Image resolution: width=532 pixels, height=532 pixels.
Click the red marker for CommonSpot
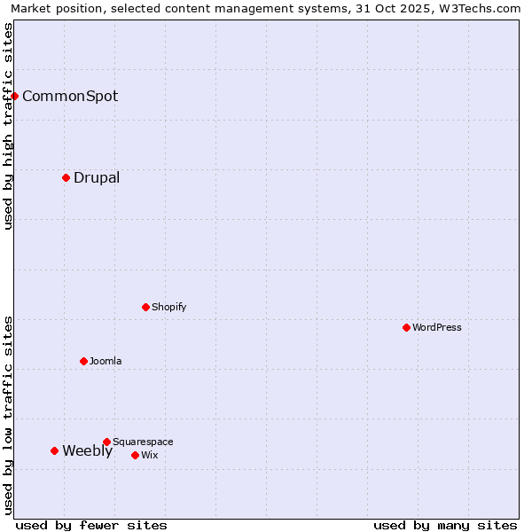tap(15, 96)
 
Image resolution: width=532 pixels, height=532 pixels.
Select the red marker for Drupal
tap(66, 177)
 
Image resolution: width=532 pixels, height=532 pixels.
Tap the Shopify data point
tap(145, 307)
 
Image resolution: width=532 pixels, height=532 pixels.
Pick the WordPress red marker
tap(406, 327)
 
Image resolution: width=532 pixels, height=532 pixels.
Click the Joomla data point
tap(83, 361)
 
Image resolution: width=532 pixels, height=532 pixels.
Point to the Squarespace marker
tap(106, 442)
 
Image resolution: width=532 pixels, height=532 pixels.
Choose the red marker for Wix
tap(135, 455)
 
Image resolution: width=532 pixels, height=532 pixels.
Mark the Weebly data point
tap(54, 450)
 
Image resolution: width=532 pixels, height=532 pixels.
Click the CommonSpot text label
tap(70, 96)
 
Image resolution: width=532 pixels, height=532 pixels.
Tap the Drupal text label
tap(97, 177)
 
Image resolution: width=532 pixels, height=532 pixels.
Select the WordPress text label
tap(437, 327)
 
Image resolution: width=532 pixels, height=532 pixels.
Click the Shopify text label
tap(169, 307)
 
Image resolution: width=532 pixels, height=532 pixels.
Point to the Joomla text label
tap(106, 361)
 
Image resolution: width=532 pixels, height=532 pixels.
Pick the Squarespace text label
tap(143, 442)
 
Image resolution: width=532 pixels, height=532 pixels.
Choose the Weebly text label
tap(88, 450)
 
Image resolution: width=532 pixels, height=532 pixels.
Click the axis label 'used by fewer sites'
tap(91, 525)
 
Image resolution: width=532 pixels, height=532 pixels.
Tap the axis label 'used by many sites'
tap(445, 525)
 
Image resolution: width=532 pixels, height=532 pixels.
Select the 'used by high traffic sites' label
tap(8, 126)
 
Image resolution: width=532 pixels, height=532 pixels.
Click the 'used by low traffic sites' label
tap(8, 415)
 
